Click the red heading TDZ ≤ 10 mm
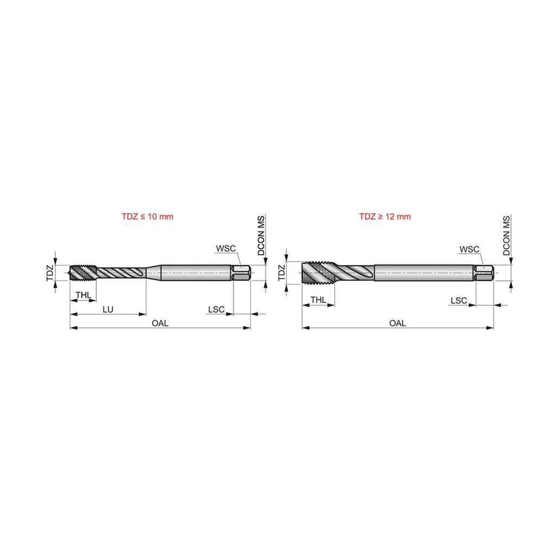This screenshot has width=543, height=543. point(147,217)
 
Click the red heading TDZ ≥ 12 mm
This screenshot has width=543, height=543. point(385,217)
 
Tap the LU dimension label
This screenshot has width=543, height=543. point(108,310)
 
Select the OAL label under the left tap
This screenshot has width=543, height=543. point(160,323)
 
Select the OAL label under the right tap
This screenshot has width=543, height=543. point(397,323)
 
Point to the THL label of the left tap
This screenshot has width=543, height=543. point(84,295)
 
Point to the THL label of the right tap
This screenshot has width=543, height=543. point(318,300)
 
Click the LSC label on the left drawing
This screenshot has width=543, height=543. point(216,310)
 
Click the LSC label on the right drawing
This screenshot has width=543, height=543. point(458,301)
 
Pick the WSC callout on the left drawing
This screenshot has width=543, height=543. point(226,248)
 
